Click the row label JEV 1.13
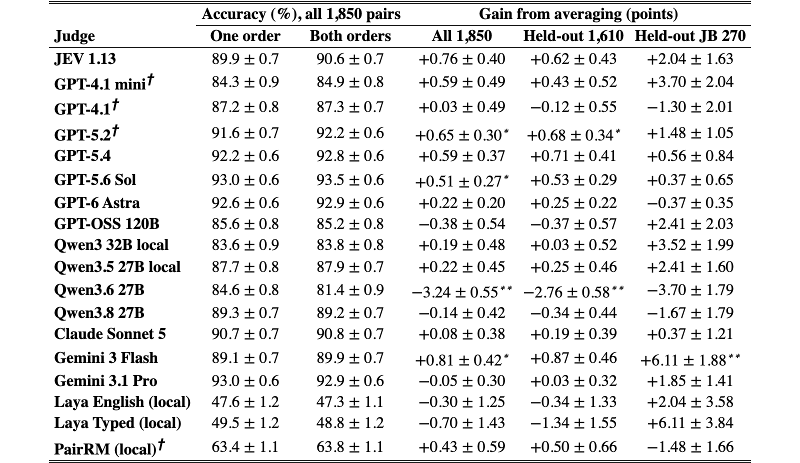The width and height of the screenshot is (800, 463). (85, 59)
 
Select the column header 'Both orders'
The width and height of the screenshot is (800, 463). (350, 36)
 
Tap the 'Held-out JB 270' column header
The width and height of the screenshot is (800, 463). (690, 36)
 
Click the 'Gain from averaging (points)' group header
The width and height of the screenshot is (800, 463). (578, 14)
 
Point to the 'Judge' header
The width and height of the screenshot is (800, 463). (74, 36)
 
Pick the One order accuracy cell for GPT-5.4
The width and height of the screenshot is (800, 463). (245, 156)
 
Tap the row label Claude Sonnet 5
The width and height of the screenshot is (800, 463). (110, 334)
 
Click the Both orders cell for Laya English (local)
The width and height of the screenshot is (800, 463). (350, 402)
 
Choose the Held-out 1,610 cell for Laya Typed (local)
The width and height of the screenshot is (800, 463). (573, 423)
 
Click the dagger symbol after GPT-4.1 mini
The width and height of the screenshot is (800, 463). (150, 80)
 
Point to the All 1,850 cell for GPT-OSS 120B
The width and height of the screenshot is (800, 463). (462, 224)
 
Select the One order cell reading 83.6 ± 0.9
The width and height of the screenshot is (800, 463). (245, 245)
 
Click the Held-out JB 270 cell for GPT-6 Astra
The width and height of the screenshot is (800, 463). (690, 203)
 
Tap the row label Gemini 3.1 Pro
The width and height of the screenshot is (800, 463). (105, 381)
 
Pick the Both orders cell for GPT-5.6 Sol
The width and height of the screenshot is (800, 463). (350, 179)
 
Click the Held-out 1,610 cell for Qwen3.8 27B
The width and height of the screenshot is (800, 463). (573, 313)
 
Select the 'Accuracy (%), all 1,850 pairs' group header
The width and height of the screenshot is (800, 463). (301, 14)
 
